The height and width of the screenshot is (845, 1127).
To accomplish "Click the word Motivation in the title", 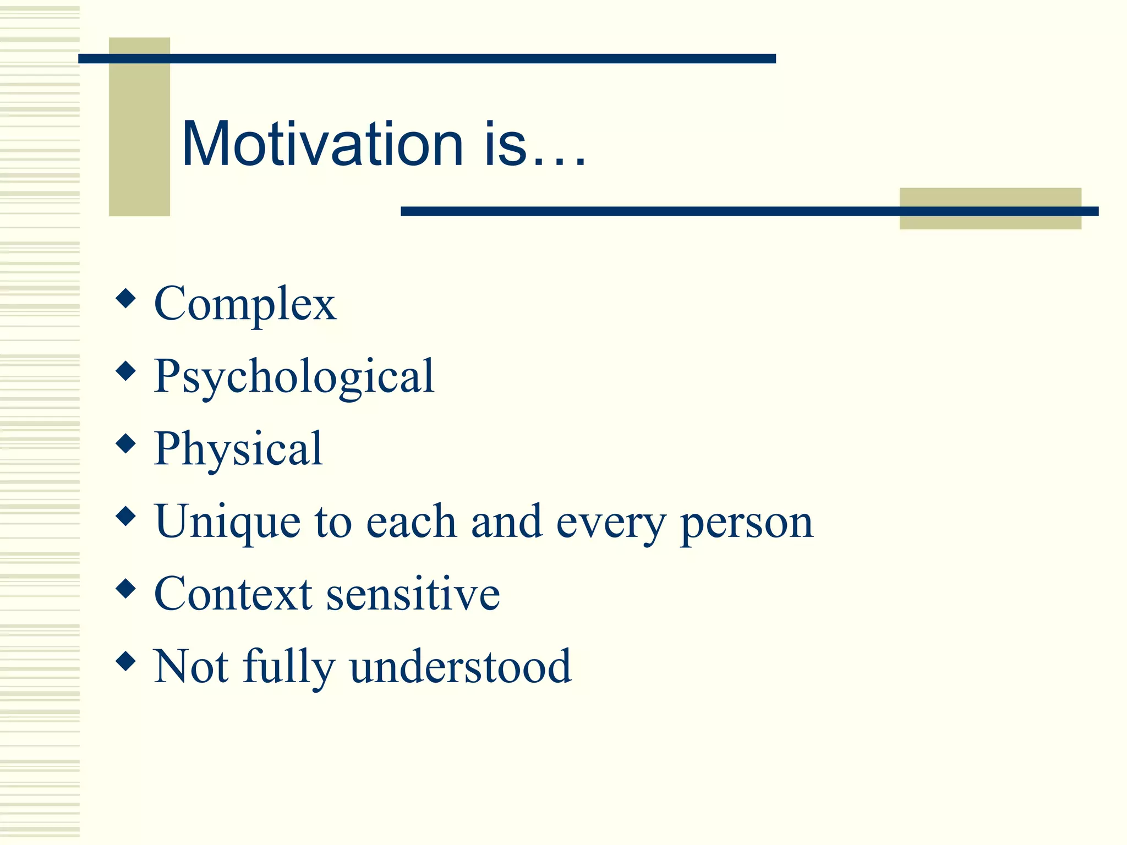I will click(322, 144).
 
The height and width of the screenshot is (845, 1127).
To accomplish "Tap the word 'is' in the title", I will click(505, 144).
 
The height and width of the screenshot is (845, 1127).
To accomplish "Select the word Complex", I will click(245, 304).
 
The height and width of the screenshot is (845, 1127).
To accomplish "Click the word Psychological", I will click(294, 377).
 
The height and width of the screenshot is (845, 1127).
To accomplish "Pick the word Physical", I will click(238, 449).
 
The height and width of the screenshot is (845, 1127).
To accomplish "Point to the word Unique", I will click(227, 522).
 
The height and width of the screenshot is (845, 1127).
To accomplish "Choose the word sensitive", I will click(413, 594).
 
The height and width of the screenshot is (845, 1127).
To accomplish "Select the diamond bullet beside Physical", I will click(126, 443).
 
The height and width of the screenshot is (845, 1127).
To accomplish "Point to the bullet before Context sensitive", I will click(126, 589).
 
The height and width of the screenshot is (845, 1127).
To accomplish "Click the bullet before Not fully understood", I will click(126, 661).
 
